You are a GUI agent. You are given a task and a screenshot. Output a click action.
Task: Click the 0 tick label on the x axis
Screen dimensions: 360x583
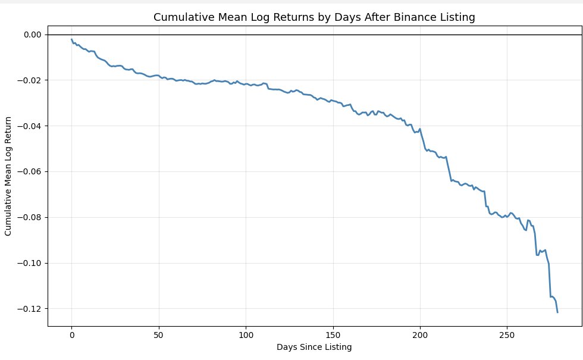[71, 334]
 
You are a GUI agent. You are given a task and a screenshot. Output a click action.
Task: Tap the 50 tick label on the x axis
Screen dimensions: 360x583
[159, 334]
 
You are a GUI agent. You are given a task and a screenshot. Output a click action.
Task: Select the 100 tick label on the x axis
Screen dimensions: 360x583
[246, 334]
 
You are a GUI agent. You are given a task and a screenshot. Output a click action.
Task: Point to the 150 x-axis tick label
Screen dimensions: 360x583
[333, 334]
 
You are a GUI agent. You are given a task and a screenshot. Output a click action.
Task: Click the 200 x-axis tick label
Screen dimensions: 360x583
[420, 334]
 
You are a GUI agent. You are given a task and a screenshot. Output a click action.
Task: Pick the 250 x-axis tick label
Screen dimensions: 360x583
[507, 334]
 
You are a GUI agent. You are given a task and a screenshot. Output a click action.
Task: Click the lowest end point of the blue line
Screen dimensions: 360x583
[557, 312]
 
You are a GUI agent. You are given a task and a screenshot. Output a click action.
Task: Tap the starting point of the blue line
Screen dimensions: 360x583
[71, 39]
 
